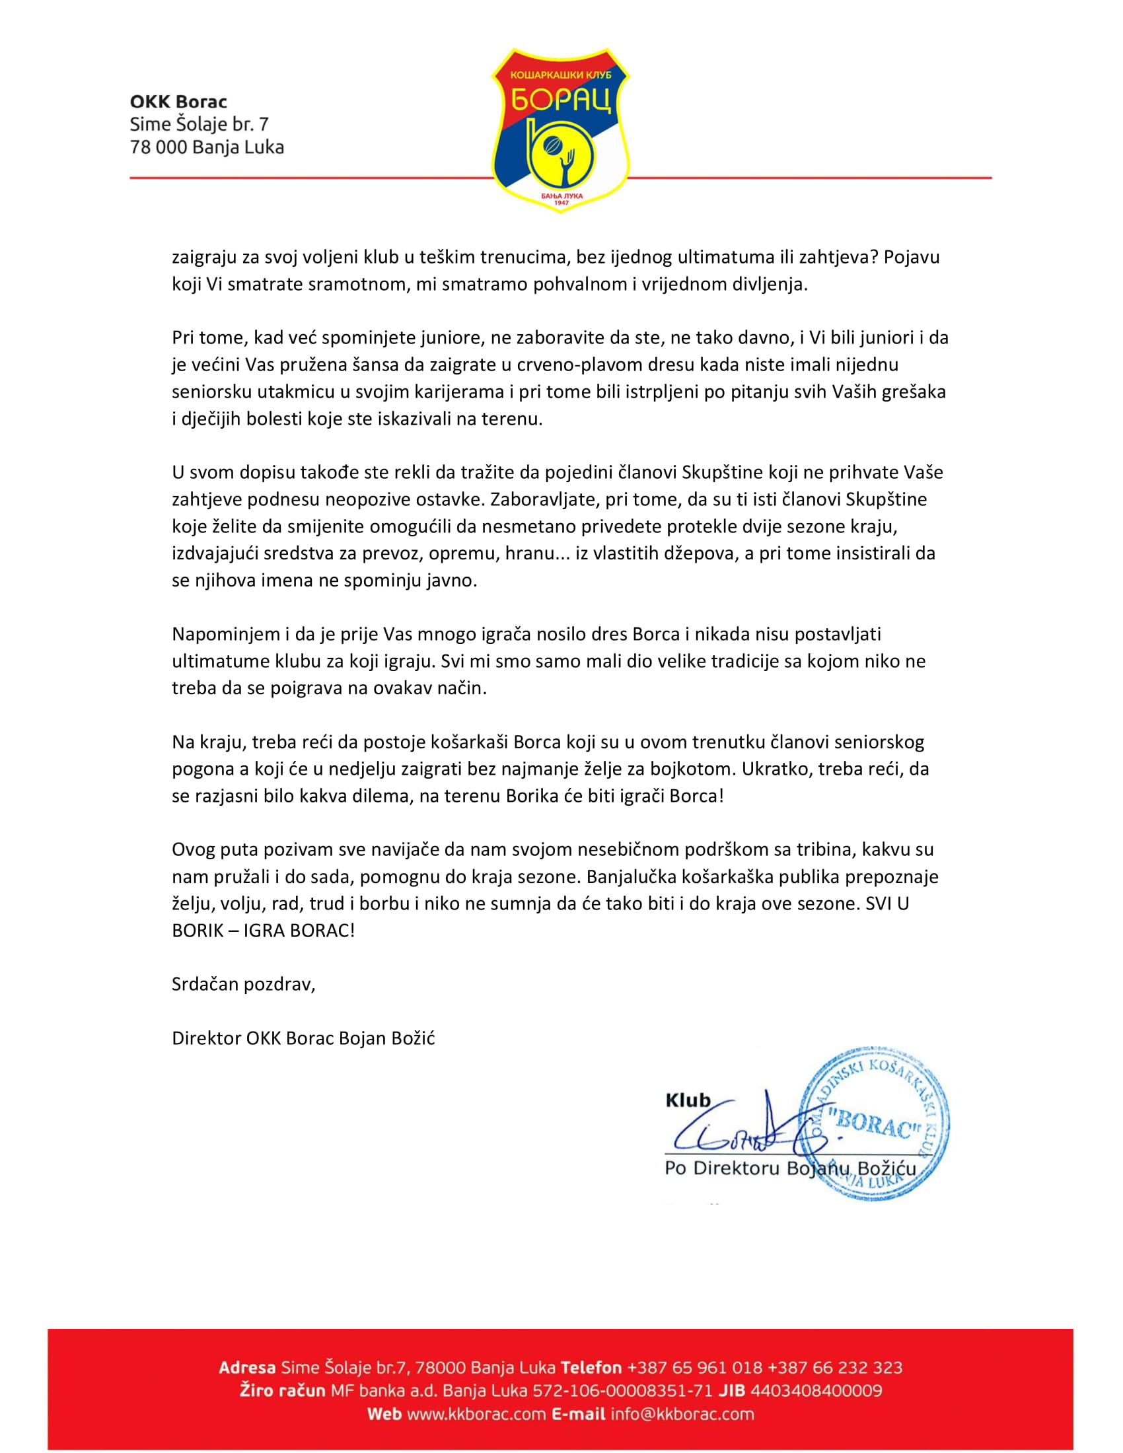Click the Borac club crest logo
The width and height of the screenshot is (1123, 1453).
(x=560, y=129)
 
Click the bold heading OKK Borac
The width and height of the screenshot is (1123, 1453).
(x=178, y=102)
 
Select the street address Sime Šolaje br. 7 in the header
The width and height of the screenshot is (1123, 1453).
(x=199, y=124)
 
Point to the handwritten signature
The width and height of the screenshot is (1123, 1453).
(x=739, y=1131)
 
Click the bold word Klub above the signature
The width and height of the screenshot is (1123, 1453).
(x=688, y=1100)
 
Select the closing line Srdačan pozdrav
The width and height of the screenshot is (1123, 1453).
(x=243, y=984)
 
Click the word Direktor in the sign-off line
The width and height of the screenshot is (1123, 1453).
(x=206, y=1038)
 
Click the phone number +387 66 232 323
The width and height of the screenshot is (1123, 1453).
(x=835, y=1367)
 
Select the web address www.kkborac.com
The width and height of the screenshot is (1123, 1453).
(x=476, y=1414)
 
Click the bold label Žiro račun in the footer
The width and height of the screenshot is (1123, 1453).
(x=282, y=1390)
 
